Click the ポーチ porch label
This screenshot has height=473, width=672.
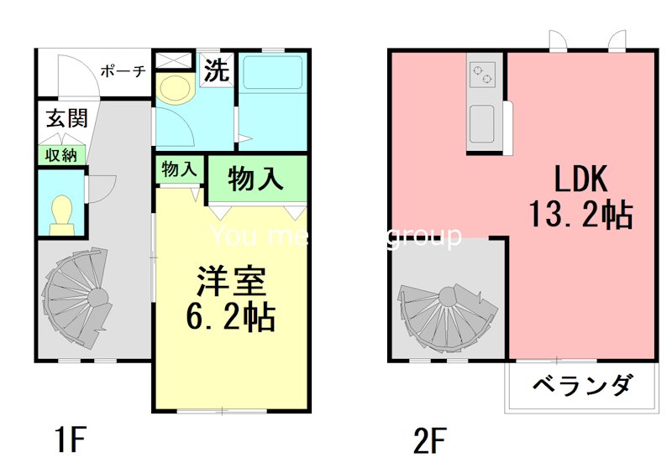(123, 71)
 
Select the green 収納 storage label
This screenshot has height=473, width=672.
(61, 154)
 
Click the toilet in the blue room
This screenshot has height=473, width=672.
(62, 213)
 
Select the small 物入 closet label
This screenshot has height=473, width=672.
(178, 169)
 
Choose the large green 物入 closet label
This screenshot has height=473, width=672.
(255, 179)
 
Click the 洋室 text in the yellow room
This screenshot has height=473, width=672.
(231, 281)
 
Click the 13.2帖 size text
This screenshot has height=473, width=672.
(580, 216)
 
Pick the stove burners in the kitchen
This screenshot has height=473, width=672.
(482, 75)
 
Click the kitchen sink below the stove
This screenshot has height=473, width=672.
(482, 123)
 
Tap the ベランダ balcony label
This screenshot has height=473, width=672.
(581, 387)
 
